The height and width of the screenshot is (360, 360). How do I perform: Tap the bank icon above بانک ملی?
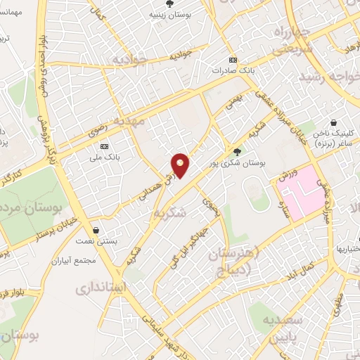tap(105, 146)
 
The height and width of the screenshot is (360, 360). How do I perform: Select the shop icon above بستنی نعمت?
tap(96, 230)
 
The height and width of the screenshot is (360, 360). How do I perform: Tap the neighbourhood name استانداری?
tap(100, 288)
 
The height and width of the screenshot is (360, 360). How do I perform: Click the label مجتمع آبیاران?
tap(73, 259)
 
